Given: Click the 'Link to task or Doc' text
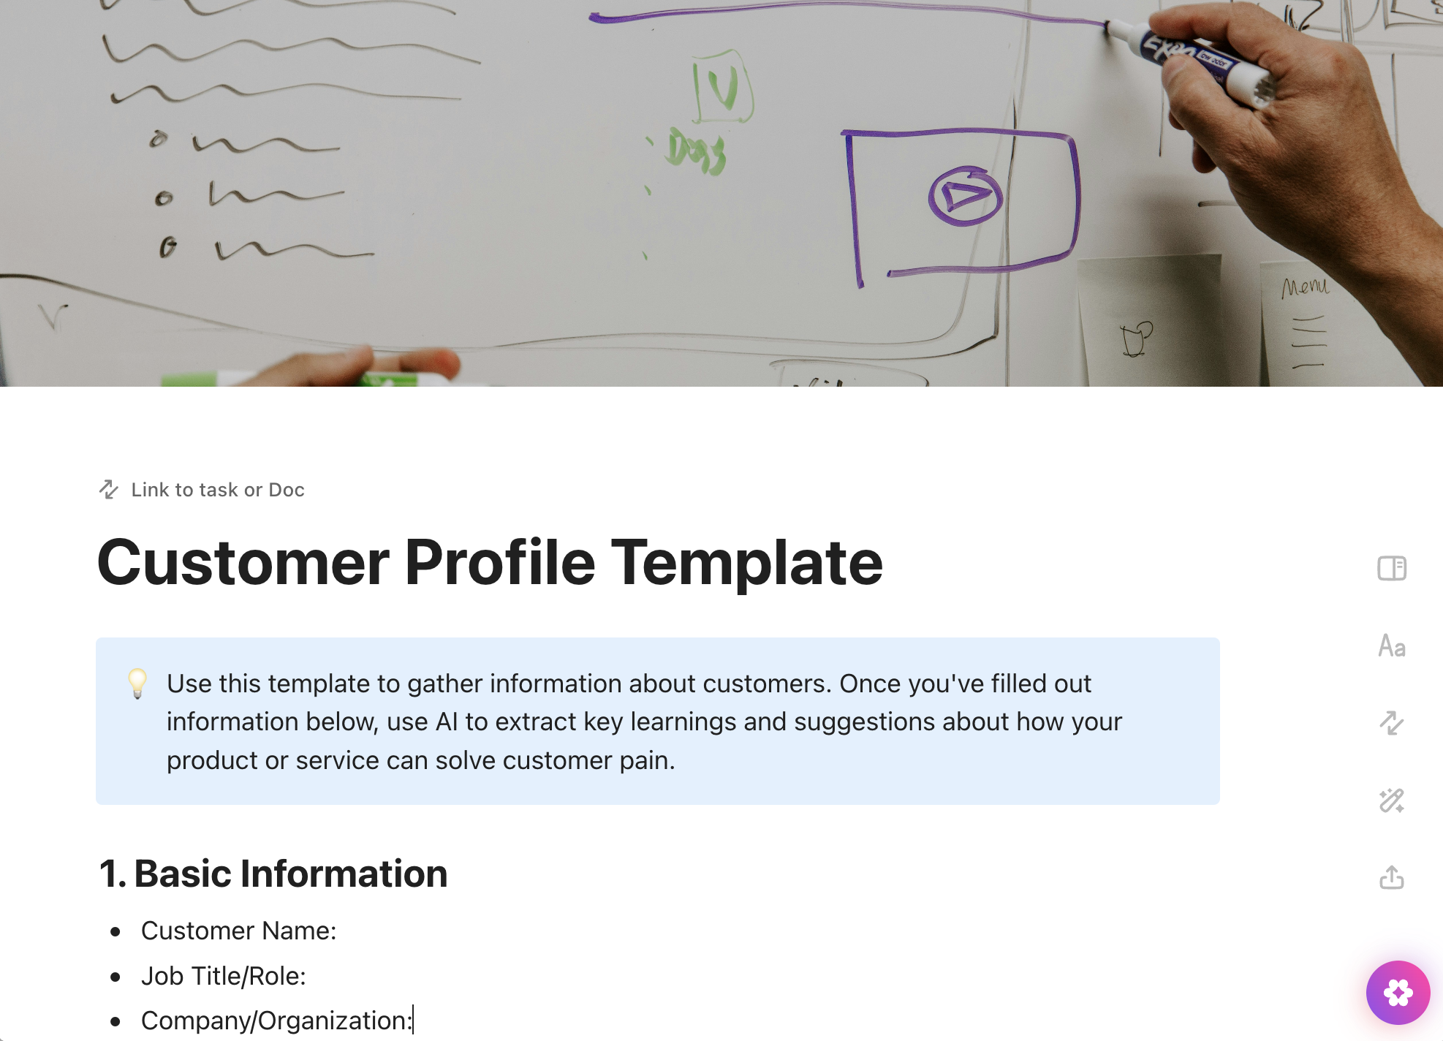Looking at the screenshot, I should click(x=217, y=490).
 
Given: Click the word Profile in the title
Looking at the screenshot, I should click(x=500, y=562).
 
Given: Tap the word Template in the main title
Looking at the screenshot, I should click(x=746, y=562).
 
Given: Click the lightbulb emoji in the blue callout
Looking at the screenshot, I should click(x=137, y=684).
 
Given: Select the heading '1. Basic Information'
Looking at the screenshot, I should click(x=273, y=874).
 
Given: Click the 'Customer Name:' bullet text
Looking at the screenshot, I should click(x=238, y=931).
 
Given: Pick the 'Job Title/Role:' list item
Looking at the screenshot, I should click(x=223, y=976).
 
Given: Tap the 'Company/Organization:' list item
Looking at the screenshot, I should click(x=276, y=1021).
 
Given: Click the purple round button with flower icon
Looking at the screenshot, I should click(x=1398, y=993).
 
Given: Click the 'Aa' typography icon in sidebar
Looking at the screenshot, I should click(x=1392, y=646).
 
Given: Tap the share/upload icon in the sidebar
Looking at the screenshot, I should click(x=1392, y=877).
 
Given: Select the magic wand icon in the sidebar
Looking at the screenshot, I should click(x=1392, y=800).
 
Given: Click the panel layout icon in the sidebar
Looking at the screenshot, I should click(x=1392, y=568).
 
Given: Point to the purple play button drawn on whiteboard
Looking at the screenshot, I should click(x=965, y=196).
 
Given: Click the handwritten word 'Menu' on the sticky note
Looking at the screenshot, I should click(x=1306, y=287).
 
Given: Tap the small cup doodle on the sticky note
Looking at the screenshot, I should click(x=1136, y=338).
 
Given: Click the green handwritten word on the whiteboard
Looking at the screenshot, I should click(x=696, y=152).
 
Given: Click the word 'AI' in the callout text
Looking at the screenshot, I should click(x=446, y=722).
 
